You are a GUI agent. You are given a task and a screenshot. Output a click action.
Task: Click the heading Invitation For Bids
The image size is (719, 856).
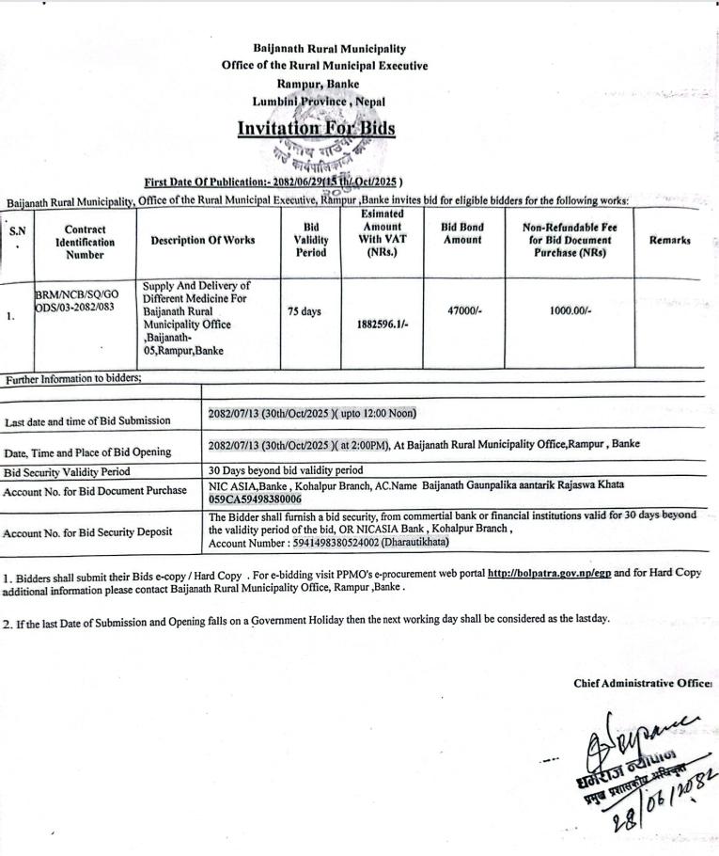tap(316, 129)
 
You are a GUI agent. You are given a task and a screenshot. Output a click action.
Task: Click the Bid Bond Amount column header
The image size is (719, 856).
tap(461, 233)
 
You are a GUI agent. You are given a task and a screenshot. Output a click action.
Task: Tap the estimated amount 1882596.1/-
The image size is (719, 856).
tap(382, 324)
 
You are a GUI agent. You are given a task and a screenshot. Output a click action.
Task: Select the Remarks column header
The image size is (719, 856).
tap(669, 240)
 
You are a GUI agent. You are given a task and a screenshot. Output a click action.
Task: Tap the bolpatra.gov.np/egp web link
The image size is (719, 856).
tap(547, 572)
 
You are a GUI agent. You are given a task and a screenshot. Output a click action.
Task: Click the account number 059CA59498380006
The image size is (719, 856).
tap(255, 499)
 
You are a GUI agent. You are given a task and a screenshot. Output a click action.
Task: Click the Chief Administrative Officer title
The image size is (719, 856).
tap(643, 684)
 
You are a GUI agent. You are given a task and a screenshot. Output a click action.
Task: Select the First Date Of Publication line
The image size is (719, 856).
tap(274, 182)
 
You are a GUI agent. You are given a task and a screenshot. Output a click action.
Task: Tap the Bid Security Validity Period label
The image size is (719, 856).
tap(66, 472)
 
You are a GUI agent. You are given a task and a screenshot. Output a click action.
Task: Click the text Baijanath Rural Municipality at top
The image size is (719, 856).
tap(324, 48)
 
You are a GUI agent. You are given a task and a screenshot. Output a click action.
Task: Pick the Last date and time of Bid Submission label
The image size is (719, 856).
tap(87, 420)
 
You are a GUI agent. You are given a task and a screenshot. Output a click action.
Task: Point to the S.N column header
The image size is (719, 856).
tap(18, 235)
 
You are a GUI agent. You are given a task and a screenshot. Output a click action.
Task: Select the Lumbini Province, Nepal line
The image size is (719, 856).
tap(319, 102)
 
